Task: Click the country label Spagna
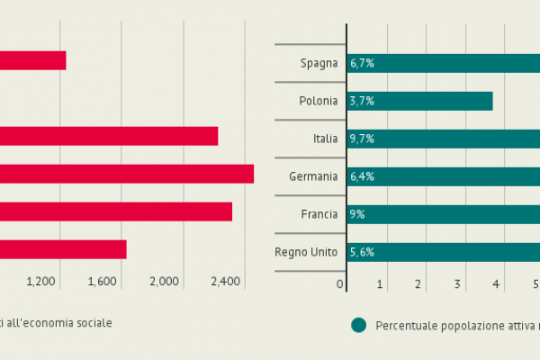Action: pos(319,63)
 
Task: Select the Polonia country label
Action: pos(319,101)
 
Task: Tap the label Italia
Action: pos(325,139)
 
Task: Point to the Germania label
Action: pos(313,176)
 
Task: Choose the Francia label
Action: pos(319,214)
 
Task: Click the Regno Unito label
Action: pos(306,252)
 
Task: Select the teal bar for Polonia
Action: pos(419,101)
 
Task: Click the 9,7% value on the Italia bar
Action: pos(362,139)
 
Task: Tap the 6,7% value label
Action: pos(362,63)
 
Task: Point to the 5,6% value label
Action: pos(362,252)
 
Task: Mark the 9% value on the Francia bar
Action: pos(357,214)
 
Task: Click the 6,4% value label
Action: pos(362,176)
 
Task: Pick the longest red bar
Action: pos(127,174)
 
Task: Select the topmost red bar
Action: pos(32,60)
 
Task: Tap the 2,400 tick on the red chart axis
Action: pos(225,282)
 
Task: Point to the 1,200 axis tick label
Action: pos(41,282)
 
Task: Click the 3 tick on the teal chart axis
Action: pos(457,284)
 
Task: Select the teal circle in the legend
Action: pos(359,325)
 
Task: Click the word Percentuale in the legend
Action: pos(406,325)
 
